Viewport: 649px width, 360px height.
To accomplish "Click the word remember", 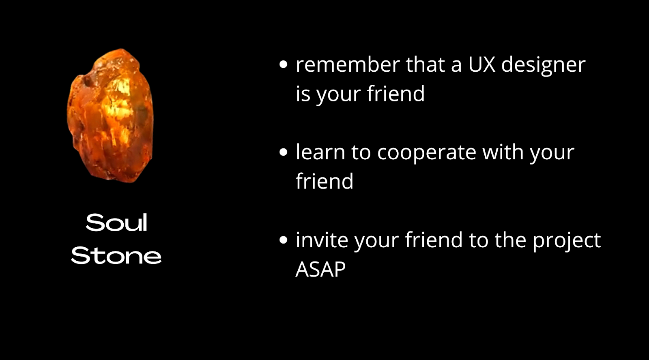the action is [348, 64].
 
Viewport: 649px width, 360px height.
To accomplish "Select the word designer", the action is [543, 66].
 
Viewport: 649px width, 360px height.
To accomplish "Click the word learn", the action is [320, 152].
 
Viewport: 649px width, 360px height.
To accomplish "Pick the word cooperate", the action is [426, 154].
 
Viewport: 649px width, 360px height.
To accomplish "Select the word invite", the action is [322, 240].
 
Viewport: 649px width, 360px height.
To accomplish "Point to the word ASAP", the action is [320, 269].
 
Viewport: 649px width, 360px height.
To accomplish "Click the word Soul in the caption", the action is [116, 223].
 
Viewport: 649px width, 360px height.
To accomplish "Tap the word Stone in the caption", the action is [116, 256].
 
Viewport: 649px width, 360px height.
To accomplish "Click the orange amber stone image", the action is [110, 116].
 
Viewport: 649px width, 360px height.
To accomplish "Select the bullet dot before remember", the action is [284, 64].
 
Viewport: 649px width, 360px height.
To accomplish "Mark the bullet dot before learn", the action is [284, 152].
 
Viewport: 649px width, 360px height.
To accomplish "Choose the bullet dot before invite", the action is [284, 240].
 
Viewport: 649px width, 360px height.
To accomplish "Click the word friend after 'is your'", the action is [396, 94].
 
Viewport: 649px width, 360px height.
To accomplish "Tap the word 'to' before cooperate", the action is [361, 152].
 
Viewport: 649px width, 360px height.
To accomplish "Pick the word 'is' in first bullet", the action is [303, 94].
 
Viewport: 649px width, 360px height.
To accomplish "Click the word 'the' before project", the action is [510, 240].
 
